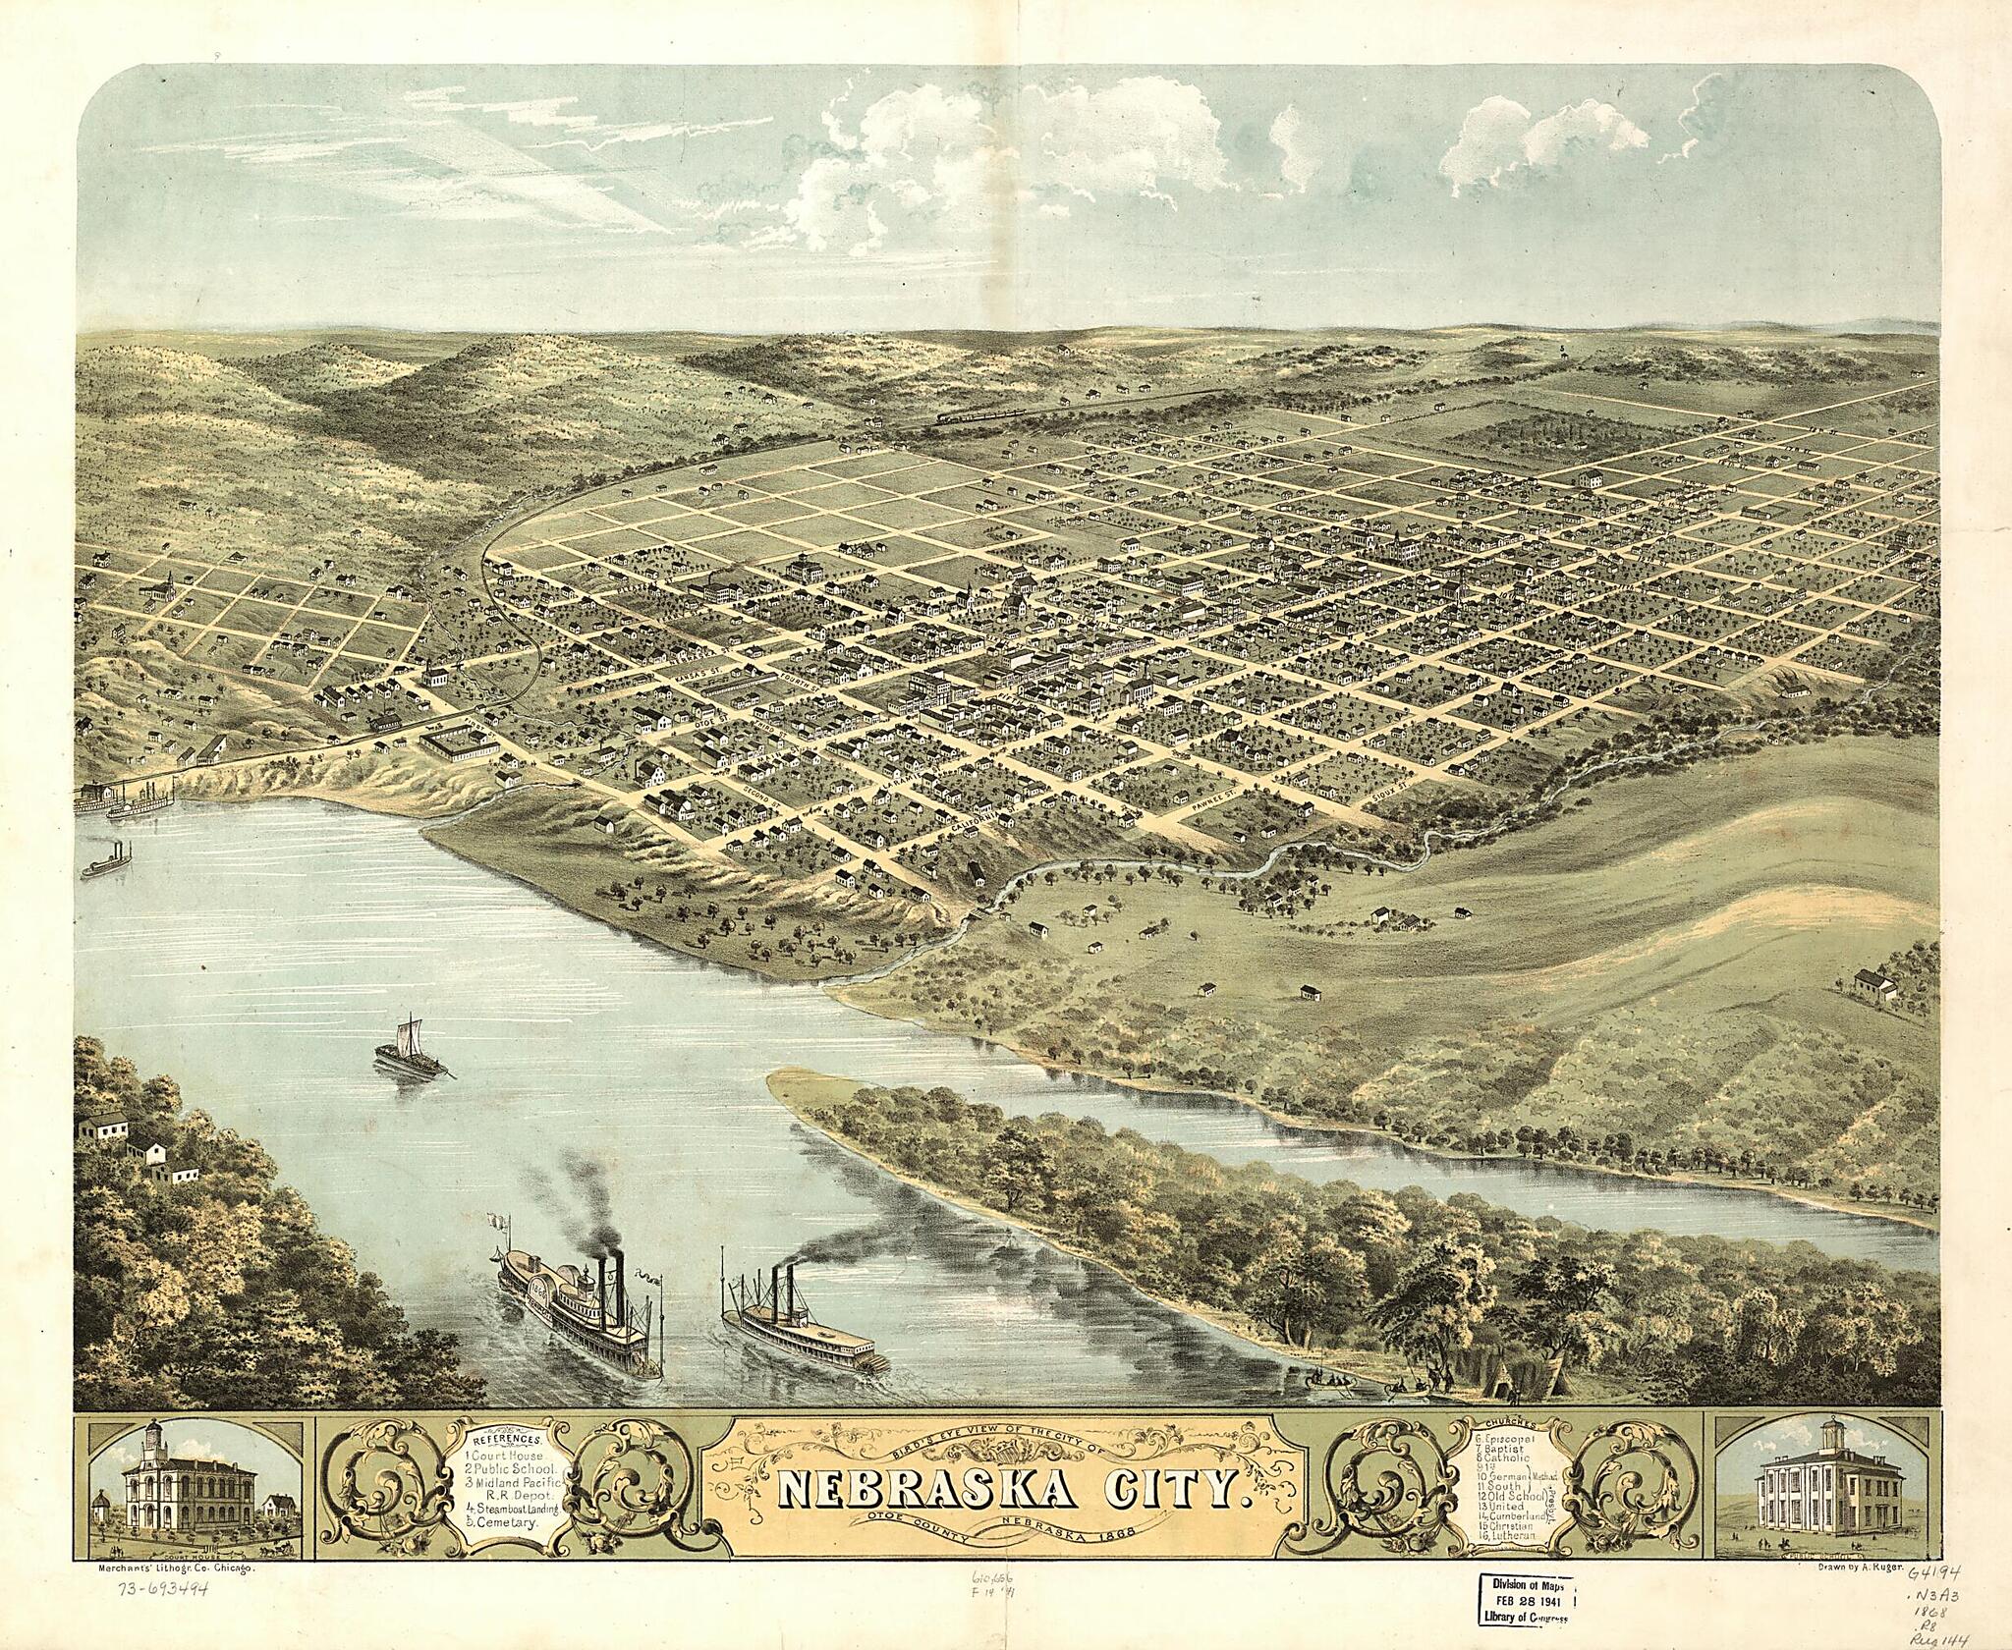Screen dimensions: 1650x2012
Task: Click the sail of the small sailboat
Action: [409, 1035]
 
